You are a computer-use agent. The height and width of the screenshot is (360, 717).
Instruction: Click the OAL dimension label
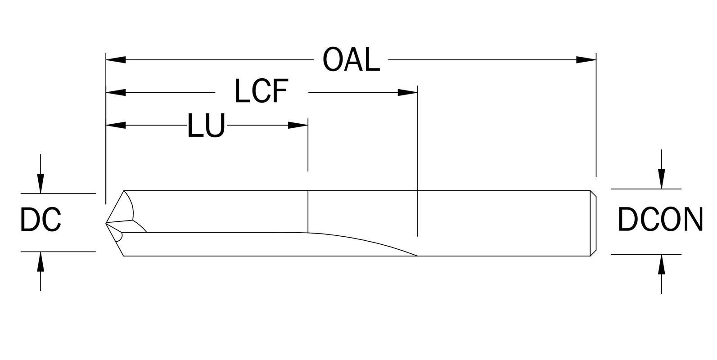tap(352, 60)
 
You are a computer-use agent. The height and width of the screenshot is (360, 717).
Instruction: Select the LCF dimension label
tap(261, 91)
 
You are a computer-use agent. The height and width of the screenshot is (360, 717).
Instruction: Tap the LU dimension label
tap(206, 126)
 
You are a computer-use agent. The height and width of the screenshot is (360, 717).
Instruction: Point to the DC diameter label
tap(41, 220)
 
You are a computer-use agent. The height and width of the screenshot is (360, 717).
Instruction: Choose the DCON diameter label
tap(660, 220)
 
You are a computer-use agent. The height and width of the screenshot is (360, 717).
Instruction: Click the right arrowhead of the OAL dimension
tap(586, 59)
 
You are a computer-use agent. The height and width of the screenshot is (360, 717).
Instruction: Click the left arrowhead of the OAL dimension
tap(116, 59)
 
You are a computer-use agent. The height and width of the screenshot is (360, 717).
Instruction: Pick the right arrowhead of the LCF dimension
tap(408, 93)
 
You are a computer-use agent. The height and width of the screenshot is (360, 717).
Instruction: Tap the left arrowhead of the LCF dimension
tap(116, 93)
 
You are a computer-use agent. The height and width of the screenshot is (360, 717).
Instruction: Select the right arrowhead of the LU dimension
tap(298, 125)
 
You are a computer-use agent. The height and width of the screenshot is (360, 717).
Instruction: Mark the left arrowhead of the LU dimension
tap(116, 125)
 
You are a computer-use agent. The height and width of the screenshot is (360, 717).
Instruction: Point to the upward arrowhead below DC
tap(41, 261)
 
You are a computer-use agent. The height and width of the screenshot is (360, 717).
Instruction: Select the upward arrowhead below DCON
tap(661, 265)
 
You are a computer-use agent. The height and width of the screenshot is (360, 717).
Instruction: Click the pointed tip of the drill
tap(107, 223)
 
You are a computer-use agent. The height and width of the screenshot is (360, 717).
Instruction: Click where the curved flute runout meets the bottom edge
tap(417, 256)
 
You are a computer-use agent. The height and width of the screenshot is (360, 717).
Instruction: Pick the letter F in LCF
tap(278, 91)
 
